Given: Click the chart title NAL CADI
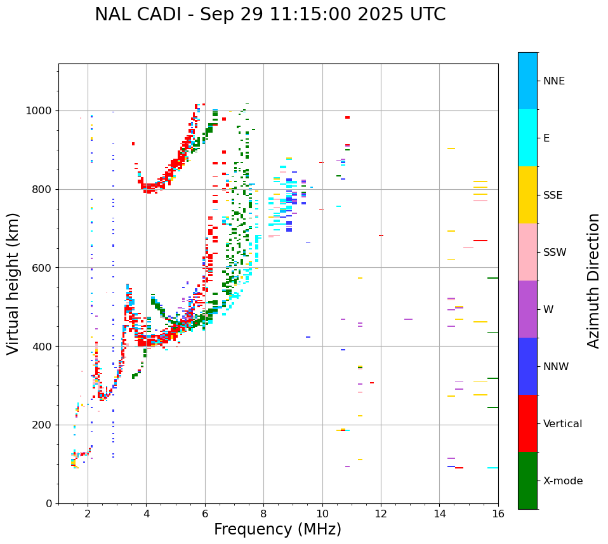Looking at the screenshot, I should [x=270, y=15].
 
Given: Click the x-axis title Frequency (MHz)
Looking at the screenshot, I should [x=277, y=529].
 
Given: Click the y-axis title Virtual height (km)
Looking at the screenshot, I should [x=13, y=284].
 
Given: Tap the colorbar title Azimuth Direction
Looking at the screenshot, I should [x=593, y=281].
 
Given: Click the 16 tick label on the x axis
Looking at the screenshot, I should [x=498, y=514].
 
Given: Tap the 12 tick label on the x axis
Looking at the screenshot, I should [x=381, y=514].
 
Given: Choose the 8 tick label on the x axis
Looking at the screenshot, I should [x=263, y=514].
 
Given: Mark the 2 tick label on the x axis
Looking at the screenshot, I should [x=88, y=514].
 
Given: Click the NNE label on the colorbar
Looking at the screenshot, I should [x=553, y=81].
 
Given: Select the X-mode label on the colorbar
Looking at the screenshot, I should [x=562, y=481].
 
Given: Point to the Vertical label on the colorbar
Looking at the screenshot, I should [x=562, y=424].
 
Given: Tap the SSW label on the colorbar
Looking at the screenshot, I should [x=555, y=253].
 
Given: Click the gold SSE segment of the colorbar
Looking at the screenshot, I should [x=527, y=195].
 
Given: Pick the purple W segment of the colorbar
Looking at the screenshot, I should [x=527, y=309].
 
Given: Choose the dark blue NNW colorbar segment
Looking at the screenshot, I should [x=527, y=366].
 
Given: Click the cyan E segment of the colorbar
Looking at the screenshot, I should [x=527, y=138].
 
